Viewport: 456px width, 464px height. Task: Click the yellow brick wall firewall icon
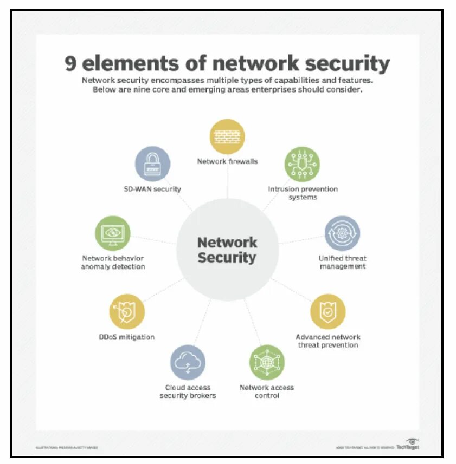228,136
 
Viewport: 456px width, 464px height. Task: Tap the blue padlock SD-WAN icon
152,164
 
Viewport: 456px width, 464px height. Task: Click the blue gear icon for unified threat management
342,234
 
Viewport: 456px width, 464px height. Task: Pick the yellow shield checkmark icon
328,312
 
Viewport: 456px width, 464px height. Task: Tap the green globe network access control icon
267,362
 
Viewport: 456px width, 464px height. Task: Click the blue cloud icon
188,362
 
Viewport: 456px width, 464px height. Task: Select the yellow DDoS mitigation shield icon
127,312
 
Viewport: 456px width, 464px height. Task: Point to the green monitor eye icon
113,233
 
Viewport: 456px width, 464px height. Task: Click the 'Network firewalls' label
228,161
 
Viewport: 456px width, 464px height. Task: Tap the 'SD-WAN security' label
152,189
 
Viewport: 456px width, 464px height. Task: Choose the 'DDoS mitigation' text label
127,337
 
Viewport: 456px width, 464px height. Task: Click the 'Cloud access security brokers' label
188,391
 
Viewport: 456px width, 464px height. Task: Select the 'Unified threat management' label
342,262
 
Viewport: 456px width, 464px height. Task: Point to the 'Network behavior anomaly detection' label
113,262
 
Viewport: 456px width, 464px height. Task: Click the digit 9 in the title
71,63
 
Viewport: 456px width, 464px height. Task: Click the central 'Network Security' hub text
227,250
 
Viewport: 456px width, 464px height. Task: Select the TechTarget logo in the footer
407,446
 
